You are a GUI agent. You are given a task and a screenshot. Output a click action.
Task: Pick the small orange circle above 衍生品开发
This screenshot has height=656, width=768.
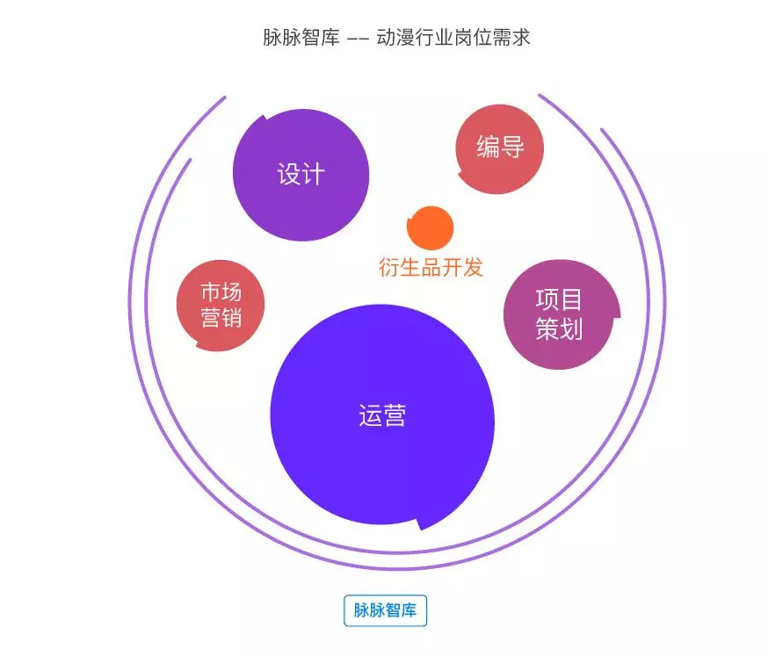[x=431, y=227]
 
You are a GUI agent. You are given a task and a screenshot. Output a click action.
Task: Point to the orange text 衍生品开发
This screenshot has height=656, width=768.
[x=431, y=267]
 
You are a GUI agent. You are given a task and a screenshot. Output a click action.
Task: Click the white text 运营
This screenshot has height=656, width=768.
[x=382, y=415]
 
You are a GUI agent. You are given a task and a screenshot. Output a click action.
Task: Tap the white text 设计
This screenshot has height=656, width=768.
[x=301, y=174]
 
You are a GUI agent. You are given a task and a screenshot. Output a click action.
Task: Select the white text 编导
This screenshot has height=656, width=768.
[x=500, y=147]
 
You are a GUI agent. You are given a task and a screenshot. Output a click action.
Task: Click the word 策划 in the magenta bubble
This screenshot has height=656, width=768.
[x=559, y=329]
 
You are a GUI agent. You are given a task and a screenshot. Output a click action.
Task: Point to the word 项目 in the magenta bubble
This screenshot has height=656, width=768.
[x=559, y=299]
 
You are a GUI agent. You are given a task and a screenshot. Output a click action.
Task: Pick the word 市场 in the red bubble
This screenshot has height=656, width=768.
[x=221, y=291]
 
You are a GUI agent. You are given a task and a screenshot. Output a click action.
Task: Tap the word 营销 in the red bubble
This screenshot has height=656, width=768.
[x=221, y=318]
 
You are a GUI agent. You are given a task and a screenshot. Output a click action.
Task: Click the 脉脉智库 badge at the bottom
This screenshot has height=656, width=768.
[x=385, y=611]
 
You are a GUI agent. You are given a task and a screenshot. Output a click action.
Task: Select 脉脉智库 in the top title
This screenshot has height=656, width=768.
[x=301, y=39]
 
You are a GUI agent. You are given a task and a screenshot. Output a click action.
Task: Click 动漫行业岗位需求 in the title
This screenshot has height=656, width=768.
[x=453, y=39]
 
